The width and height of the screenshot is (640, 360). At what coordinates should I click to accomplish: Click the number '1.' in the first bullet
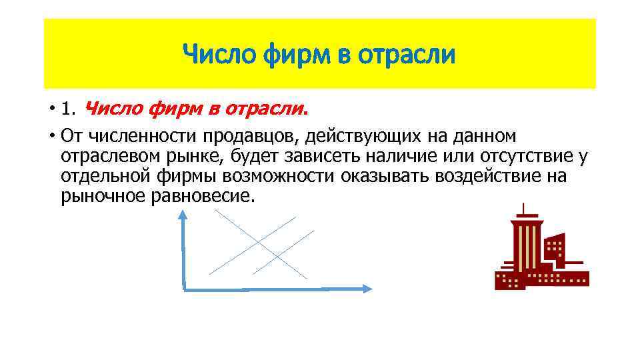(69, 108)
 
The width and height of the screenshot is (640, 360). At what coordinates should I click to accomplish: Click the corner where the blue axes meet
(183, 288)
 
